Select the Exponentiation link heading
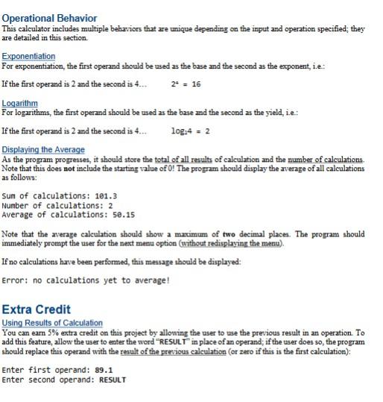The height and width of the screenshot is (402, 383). point(28,57)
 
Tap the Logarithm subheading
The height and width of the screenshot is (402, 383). point(20,102)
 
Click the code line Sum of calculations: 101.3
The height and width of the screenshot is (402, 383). point(60,196)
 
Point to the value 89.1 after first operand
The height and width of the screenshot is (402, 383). point(102,369)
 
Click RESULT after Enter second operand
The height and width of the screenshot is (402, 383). point(110,379)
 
